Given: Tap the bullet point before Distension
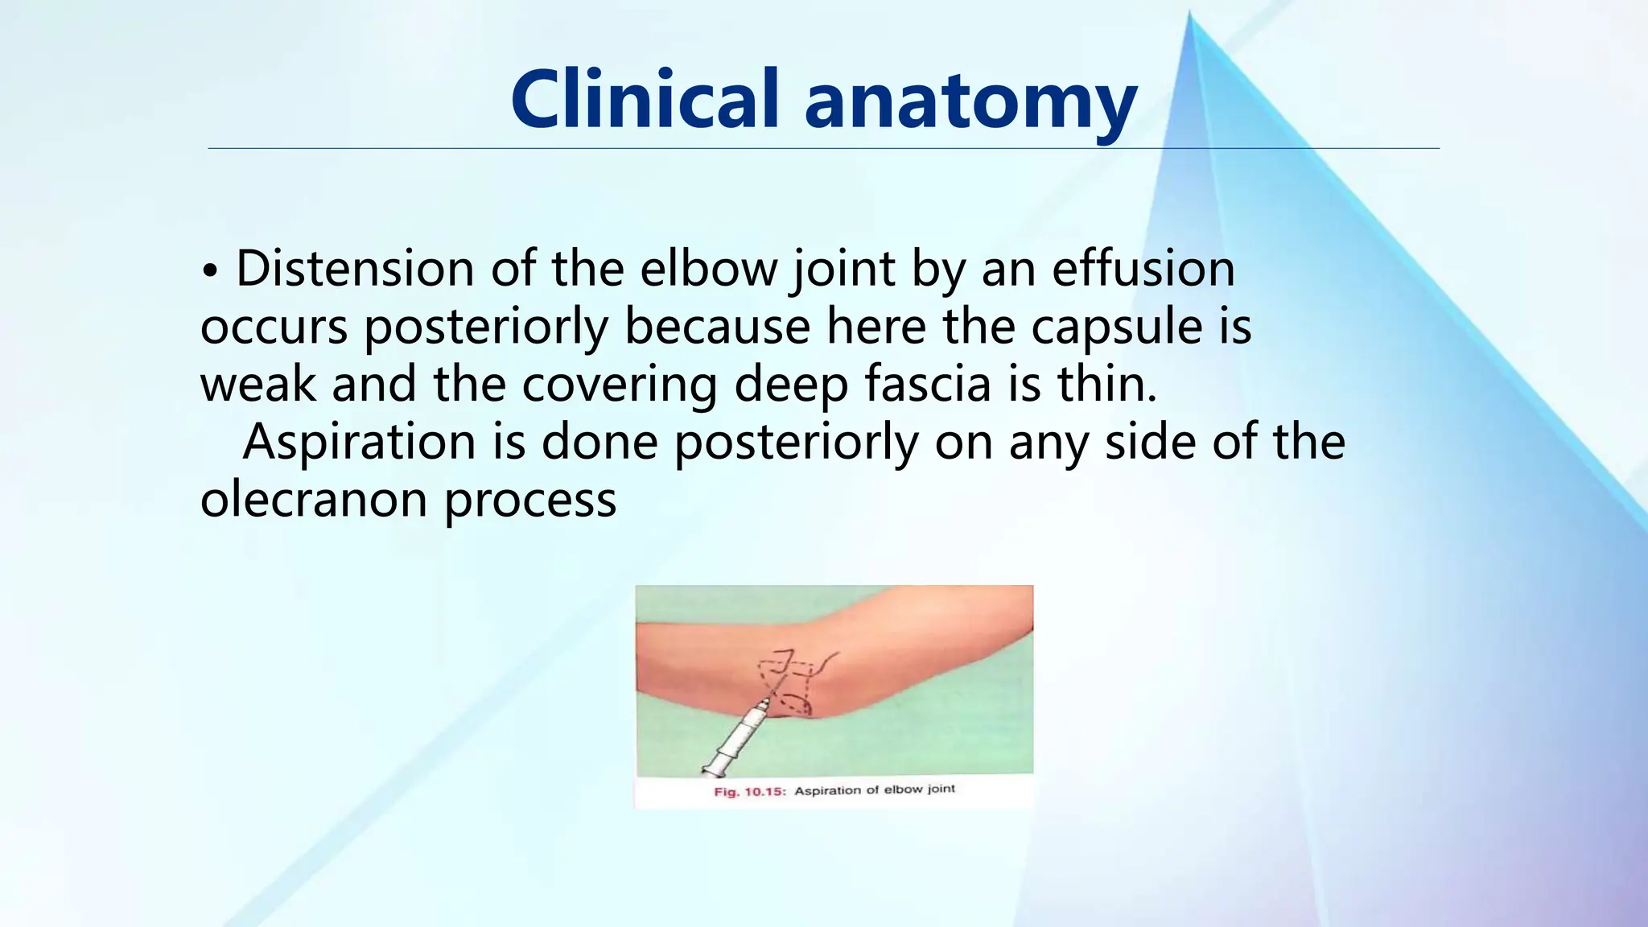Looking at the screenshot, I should click(210, 271).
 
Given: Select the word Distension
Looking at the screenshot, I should click(354, 269).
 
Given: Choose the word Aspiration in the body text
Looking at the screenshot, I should click(360, 443).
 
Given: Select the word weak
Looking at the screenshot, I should click(257, 385).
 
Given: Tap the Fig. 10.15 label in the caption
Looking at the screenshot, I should click(749, 792).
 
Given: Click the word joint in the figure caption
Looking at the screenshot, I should click(941, 789).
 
